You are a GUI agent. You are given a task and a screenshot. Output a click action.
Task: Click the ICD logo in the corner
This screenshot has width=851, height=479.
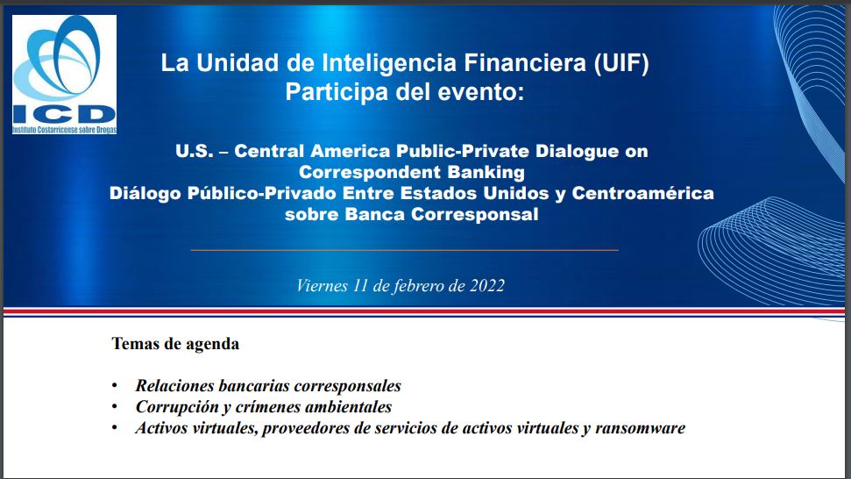[64, 75]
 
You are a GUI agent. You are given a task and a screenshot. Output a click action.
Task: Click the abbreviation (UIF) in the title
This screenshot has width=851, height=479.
[621, 63]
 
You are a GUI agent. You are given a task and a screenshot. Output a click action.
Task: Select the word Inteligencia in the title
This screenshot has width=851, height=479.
[388, 63]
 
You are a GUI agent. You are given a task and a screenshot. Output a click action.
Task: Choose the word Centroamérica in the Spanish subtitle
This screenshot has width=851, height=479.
[642, 193]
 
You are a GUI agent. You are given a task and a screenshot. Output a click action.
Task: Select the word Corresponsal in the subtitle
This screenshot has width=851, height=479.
[474, 215]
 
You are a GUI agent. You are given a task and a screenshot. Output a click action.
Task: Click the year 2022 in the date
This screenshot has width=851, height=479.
[487, 286]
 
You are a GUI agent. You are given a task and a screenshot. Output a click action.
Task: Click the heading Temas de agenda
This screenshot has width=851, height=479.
[175, 344]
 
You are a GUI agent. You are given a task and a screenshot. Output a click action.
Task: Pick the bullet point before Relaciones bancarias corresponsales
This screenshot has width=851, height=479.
[115, 385]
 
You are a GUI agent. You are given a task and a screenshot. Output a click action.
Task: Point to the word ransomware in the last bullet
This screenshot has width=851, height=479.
[640, 428]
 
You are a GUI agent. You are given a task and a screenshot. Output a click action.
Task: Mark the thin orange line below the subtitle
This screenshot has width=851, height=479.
[404, 250]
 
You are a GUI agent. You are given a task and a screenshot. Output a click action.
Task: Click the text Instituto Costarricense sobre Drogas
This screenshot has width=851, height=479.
[64, 131]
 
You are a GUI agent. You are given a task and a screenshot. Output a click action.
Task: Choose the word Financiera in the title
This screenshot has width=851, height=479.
[525, 63]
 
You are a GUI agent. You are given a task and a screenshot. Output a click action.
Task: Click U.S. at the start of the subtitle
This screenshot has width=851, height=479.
[195, 151]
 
